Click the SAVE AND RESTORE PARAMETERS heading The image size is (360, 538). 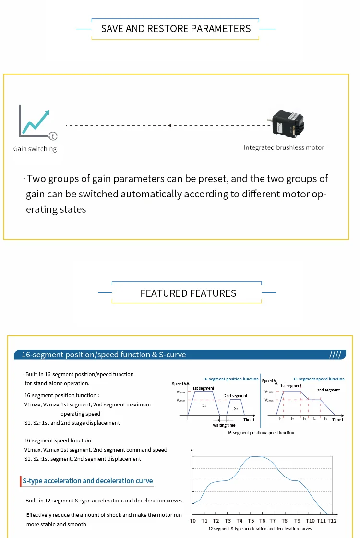(x=176, y=29)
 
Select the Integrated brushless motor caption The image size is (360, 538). (x=284, y=147)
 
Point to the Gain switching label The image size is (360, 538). (x=35, y=149)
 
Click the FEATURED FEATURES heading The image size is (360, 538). (x=188, y=293)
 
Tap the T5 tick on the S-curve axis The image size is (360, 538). (x=251, y=521)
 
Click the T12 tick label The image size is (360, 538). (x=332, y=521)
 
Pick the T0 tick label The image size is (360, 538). (x=192, y=521)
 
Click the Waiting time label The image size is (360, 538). (x=224, y=425)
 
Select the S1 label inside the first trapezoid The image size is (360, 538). (x=204, y=406)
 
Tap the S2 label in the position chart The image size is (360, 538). (x=236, y=408)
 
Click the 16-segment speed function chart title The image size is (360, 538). (x=319, y=379)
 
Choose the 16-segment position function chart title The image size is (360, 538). (x=230, y=379)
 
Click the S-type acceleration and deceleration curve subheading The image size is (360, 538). (x=87, y=481)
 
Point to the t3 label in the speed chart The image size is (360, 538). (x=304, y=419)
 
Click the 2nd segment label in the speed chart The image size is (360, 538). (x=328, y=390)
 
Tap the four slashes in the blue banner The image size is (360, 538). (x=335, y=355)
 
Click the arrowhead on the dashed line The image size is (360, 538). (x=169, y=125)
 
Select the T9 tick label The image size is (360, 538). (x=298, y=521)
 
